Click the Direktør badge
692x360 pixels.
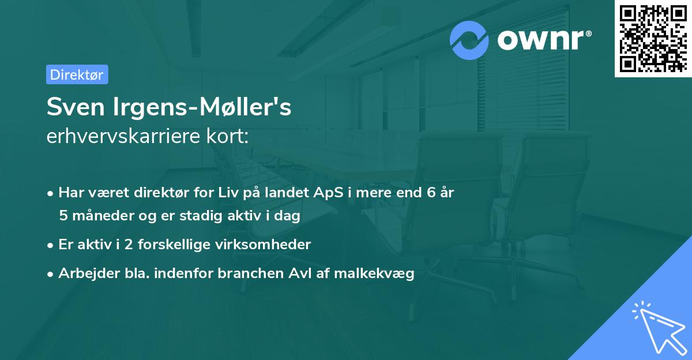click(x=77, y=74)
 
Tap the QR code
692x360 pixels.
click(x=652, y=38)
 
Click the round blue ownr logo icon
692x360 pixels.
click(x=469, y=40)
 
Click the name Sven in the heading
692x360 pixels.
click(x=72, y=107)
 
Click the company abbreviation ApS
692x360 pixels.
click(x=330, y=192)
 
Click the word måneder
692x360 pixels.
click(x=99, y=216)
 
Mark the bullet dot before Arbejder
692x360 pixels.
click(x=51, y=274)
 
